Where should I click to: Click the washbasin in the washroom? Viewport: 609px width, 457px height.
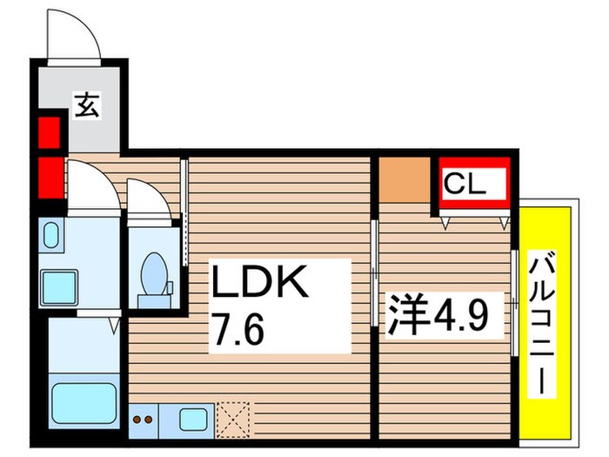[x=50, y=235]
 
